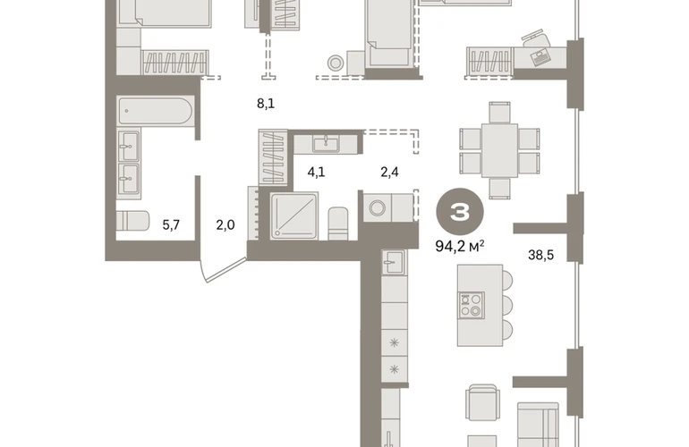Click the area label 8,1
(x=266, y=104)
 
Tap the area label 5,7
(x=171, y=225)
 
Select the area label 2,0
(x=225, y=225)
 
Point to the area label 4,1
(x=316, y=173)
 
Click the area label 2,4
(x=389, y=173)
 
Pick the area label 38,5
(x=540, y=255)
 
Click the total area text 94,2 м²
(x=460, y=246)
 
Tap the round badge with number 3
(x=460, y=212)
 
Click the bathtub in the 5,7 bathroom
(x=155, y=111)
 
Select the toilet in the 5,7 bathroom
(x=132, y=221)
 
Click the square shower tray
(x=294, y=216)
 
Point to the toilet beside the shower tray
(x=338, y=223)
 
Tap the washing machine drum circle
(x=377, y=207)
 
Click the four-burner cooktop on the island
(x=471, y=305)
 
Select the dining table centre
(x=499, y=150)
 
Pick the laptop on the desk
(x=540, y=55)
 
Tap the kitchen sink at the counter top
(x=394, y=263)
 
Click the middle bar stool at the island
(x=507, y=305)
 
